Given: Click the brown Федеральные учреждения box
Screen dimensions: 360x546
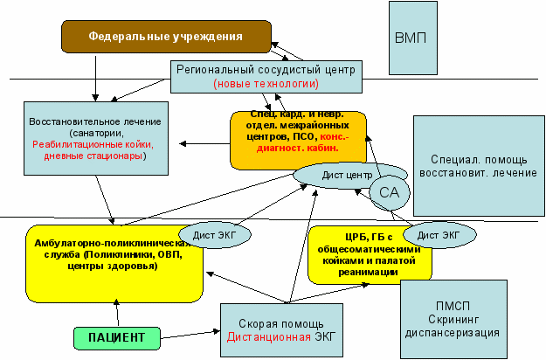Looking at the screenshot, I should pos(164,38).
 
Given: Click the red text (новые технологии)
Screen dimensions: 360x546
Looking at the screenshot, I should pos(266,84).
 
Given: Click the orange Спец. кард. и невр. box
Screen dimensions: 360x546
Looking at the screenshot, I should pos(297,137).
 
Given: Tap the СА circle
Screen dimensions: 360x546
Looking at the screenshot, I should pos(388,192).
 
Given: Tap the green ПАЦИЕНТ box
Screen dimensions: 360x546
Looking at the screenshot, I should pos(116,336).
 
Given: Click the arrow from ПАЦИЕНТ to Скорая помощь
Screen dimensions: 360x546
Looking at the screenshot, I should pos(189,333).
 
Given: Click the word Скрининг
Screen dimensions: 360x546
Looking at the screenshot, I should pos(468,319).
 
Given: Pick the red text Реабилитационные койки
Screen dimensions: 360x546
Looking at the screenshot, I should pos(93,144).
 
